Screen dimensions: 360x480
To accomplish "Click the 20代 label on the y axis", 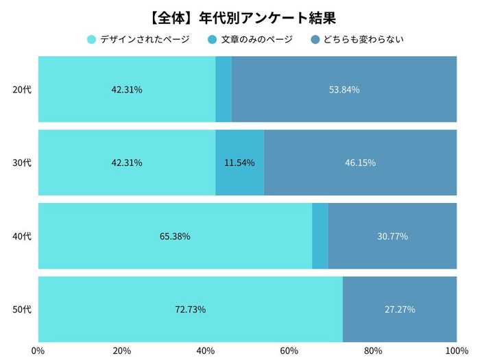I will pos(23,89).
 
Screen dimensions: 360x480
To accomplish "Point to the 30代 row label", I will pos(23,163).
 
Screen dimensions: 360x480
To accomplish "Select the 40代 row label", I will pos(23,236).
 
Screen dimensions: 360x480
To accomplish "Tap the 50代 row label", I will pos(23,309).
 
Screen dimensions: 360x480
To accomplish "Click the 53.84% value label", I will pos(344,89).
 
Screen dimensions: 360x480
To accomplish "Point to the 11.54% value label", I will pos(239,163).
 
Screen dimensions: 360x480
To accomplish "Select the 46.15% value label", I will pos(360,163).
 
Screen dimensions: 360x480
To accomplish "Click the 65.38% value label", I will pos(175,236).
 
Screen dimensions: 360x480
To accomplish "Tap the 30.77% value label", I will pos(392,236).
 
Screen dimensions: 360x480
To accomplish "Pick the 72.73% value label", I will pos(190,309).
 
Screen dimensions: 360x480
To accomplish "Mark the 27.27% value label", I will pos(400,309).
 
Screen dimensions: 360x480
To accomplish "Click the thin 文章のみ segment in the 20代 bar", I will pos(224,89).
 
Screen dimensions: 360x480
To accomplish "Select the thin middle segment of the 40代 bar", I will pos(320,236).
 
